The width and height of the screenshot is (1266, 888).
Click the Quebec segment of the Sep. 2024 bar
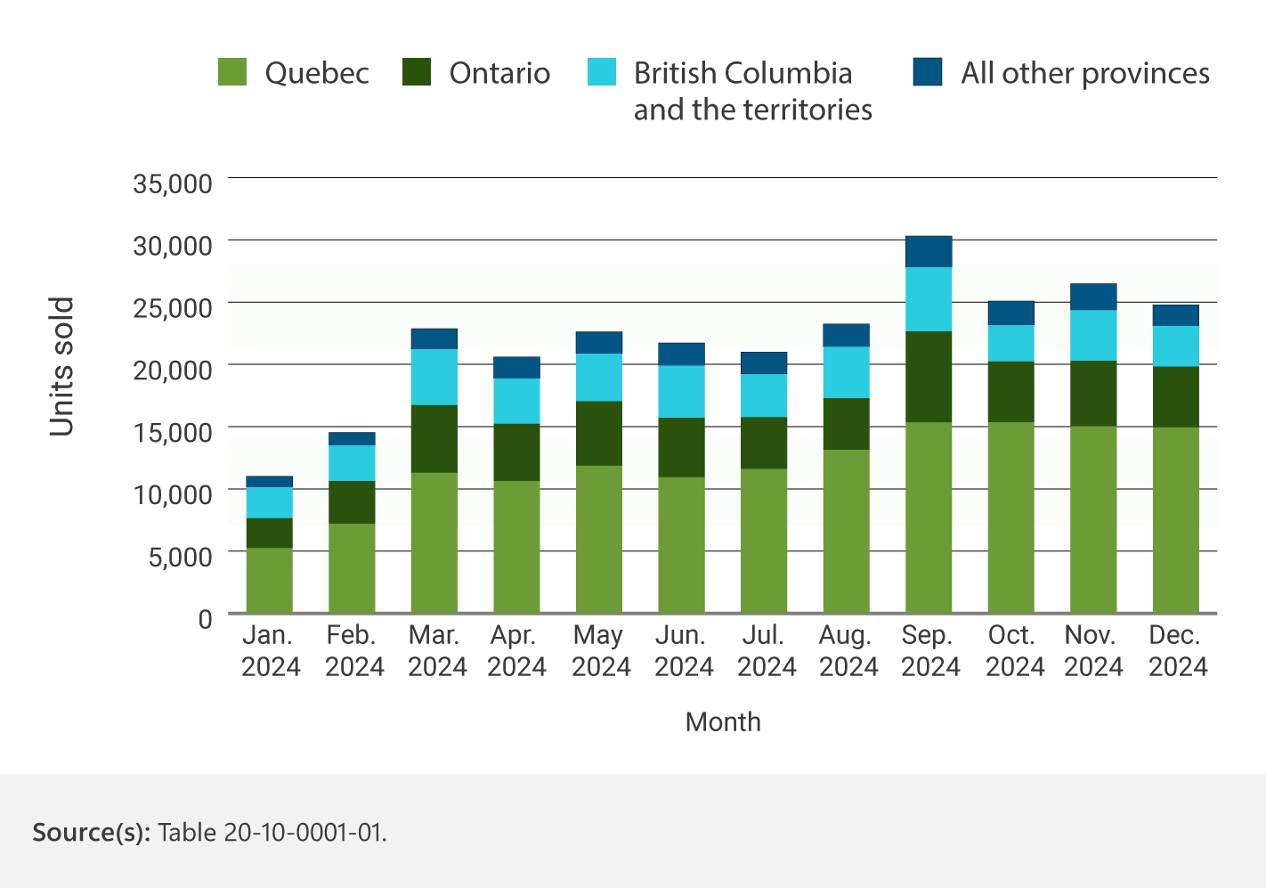(929, 517)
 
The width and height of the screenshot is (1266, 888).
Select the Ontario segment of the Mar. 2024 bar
(434, 438)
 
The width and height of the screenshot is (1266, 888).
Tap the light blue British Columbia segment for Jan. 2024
(270, 502)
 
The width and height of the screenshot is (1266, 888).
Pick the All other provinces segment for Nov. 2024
(1093, 297)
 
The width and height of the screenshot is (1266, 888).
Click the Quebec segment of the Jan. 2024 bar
(270, 580)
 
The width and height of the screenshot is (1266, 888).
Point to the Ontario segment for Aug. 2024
(846, 424)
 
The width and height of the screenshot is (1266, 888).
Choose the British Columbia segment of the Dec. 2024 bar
(1175, 346)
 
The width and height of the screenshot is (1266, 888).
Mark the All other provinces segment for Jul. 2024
(764, 363)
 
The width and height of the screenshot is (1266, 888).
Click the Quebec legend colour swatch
(232, 72)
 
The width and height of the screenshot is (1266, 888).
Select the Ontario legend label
(499, 73)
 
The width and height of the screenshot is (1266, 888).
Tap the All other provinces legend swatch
(928, 72)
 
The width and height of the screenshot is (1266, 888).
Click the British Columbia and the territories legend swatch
(602, 72)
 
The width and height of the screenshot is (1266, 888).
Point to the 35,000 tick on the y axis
(173, 183)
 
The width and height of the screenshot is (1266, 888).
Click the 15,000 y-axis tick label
(173, 432)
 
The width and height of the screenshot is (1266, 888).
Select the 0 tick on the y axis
(206, 618)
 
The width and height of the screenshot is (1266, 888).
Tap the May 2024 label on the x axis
(600, 651)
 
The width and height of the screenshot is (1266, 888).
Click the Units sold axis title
(61, 367)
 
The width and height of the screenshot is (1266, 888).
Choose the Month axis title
(723, 721)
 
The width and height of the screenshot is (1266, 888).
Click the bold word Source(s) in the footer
(92, 832)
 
